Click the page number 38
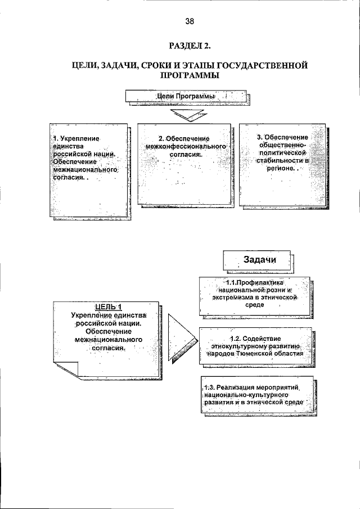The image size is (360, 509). coord(189,21)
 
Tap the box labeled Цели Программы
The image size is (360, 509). coord(186,97)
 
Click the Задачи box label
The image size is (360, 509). coord(259,259)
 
